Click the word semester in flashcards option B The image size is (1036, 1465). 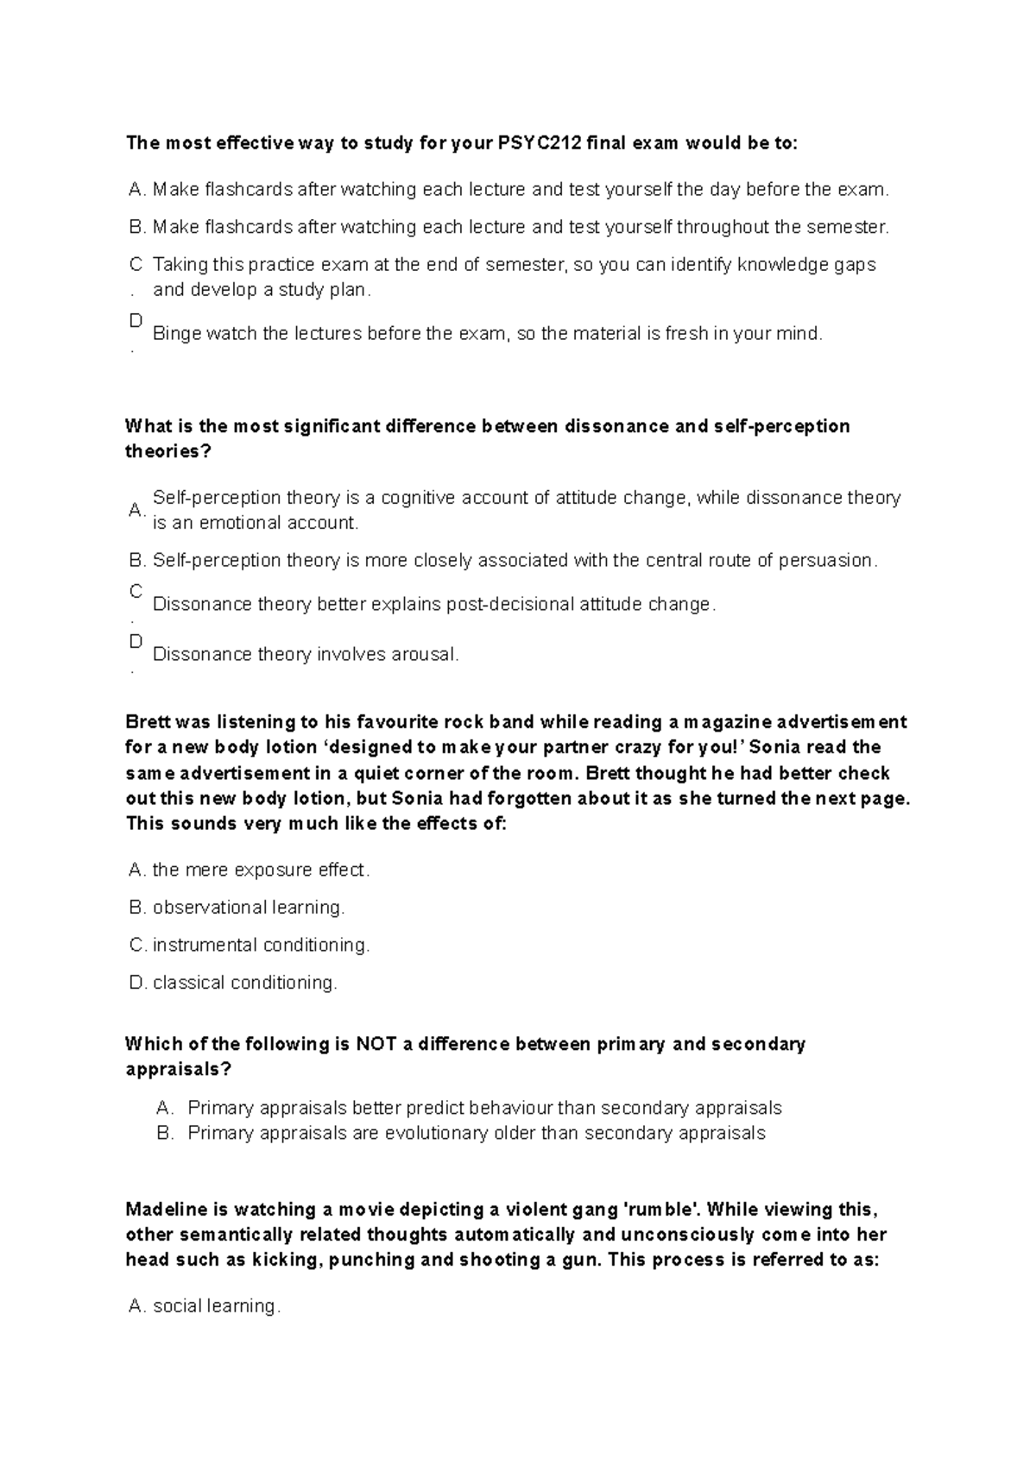coord(845,227)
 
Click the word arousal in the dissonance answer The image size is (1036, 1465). coord(424,654)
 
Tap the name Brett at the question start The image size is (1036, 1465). coord(148,721)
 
